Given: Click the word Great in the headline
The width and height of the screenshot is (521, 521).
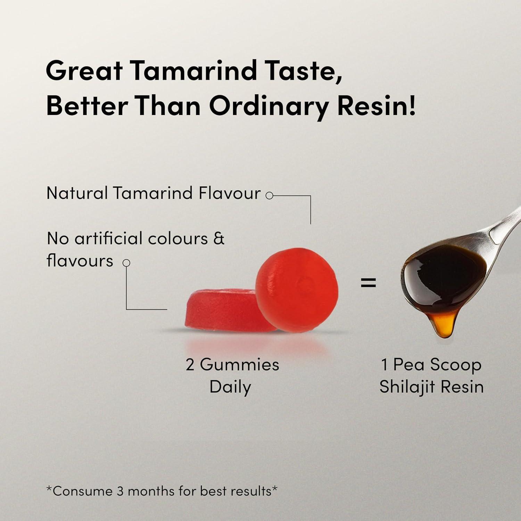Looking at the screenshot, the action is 84,70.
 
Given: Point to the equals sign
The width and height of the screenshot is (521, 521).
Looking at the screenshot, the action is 368,283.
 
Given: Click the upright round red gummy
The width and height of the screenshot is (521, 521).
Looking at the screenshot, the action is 297,290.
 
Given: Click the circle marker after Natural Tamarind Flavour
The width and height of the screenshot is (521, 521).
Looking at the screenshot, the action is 269,196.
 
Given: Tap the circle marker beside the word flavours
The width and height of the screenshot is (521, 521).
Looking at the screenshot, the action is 127,263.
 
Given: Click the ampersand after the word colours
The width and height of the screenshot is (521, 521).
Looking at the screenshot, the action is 219,239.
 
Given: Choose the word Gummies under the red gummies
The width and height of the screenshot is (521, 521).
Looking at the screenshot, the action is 240,365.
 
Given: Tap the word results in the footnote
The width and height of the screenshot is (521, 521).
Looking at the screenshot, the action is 251,491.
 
